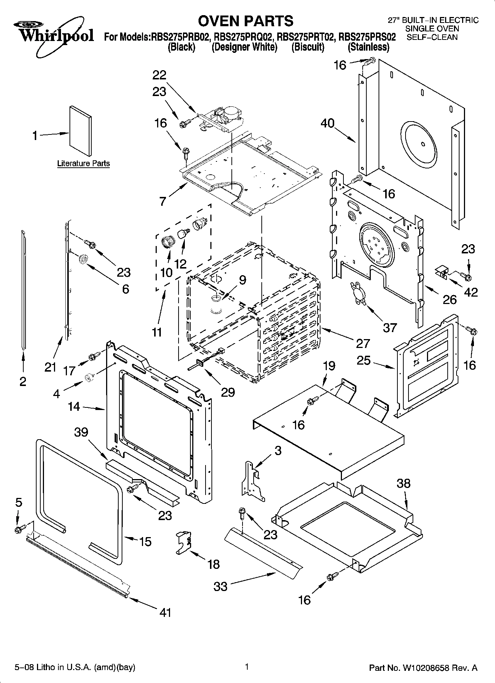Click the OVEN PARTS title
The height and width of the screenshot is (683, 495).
click(245, 21)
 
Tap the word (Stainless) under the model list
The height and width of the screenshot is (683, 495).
click(368, 47)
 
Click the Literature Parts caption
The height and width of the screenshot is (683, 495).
click(84, 163)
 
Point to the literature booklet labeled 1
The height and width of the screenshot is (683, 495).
click(80, 131)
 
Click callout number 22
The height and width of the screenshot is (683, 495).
click(159, 75)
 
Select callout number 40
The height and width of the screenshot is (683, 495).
click(327, 123)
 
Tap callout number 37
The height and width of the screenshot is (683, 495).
click(390, 327)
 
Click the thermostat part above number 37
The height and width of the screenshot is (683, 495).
click(358, 293)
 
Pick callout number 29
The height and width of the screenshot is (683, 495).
click(228, 392)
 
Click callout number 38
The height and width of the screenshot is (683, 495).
click(404, 484)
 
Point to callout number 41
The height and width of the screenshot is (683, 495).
click(165, 612)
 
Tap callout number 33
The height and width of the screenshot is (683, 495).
click(221, 586)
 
